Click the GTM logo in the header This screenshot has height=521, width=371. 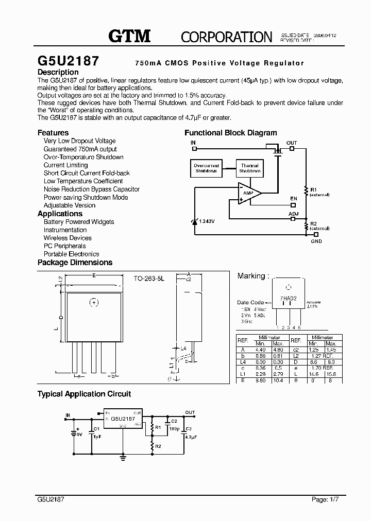pyautogui.click(x=129, y=36)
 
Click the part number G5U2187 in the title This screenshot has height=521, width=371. pyautogui.click(x=69, y=60)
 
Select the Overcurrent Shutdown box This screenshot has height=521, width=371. pyautogui.click(x=206, y=168)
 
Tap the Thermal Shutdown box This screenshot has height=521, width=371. pyautogui.click(x=249, y=168)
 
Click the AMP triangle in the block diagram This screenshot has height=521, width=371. pyautogui.click(x=248, y=192)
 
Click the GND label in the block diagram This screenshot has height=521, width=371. pyautogui.click(x=316, y=241)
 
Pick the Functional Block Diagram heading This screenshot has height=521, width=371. pyautogui.click(x=230, y=133)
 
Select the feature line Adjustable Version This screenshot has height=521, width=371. pyautogui.click(x=69, y=205)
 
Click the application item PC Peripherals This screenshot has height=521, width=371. pyautogui.click(x=64, y=246)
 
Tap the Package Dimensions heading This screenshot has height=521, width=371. pyautogui.click(x=75, y=263)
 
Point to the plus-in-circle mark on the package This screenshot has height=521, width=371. pyautogui.click(x=94, y=302)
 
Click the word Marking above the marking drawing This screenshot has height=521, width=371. pyautogui.click(x=251, y=276)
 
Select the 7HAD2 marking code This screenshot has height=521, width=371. pyautogui.click(x=288, y=298)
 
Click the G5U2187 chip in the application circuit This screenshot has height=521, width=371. pyautogui.click(x=123, y=419)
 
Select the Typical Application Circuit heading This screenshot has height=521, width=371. pyautogui.click(x=84, y=394)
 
